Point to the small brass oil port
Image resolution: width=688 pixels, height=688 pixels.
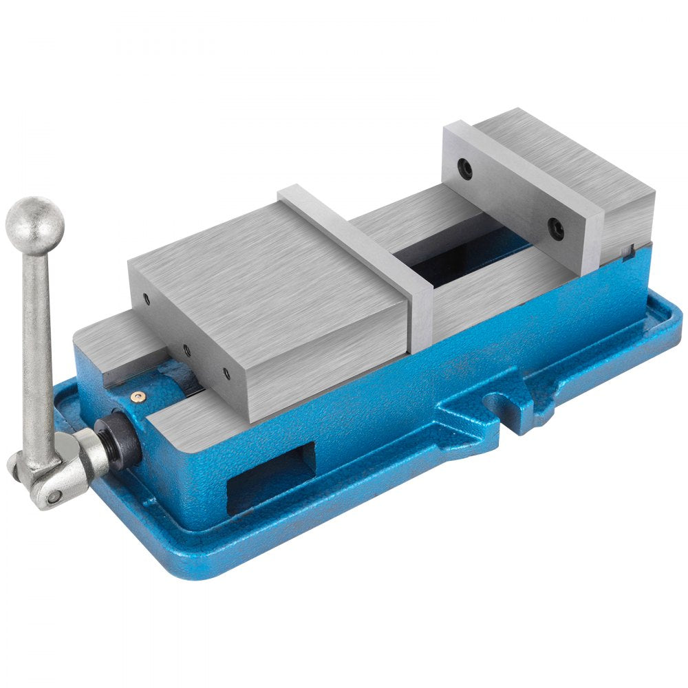140,396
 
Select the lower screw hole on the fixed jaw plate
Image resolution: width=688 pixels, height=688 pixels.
556,229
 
